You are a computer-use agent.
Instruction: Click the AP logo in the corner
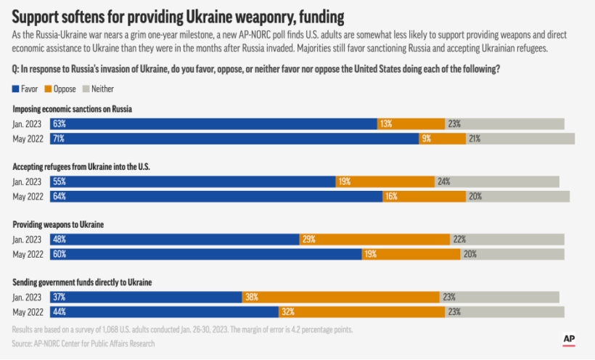(x=570, y=340)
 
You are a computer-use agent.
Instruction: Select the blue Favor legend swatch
(x=16, y=89)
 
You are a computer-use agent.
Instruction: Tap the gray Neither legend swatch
(x=86, y=89)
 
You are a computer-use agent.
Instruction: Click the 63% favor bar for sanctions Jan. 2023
(x=213, y=124)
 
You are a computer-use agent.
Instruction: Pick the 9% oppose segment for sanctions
(x=442, y=138)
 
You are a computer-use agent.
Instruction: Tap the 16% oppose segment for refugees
(x=424, y=196)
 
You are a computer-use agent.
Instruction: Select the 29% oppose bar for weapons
(x=374, y=240)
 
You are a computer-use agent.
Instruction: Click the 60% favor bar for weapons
(x=206, y=254)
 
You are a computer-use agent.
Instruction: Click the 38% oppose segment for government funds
(x=340, y=297)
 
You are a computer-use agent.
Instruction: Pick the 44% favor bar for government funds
(x=165, y=311)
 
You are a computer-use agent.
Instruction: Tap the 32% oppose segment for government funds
(x=361, y=311)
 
